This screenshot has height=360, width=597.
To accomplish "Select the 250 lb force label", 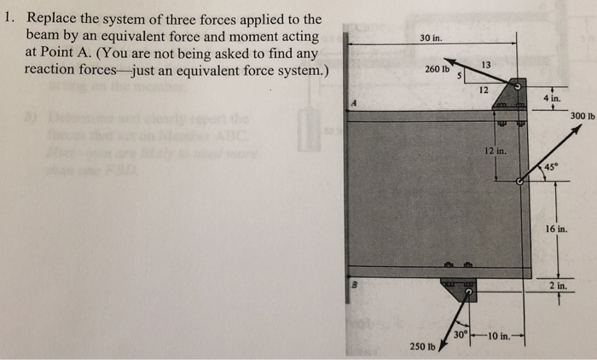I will coord(422,346).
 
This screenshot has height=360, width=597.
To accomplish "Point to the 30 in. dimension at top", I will coord(432,38).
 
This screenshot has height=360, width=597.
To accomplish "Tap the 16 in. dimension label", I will coord(555,229).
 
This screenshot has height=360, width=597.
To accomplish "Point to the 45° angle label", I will coord(551,167).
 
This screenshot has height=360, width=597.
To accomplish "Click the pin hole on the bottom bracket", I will coord(467,293).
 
